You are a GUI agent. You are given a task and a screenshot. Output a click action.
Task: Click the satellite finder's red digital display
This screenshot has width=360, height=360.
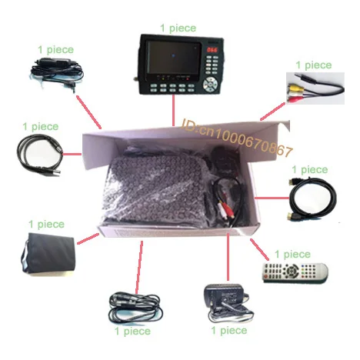(x=212, y=50)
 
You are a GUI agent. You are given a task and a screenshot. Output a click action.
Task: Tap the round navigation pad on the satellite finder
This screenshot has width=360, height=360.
(x=210, y=84)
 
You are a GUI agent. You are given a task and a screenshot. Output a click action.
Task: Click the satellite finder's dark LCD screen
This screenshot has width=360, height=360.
(x=173, y=58)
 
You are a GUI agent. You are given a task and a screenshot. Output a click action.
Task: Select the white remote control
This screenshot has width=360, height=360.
(x=295, y=272)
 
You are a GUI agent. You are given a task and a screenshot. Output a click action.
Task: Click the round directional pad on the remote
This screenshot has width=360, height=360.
(x=292, y=271)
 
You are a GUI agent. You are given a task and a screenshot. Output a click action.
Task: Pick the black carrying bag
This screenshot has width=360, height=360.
(x=48, y=253)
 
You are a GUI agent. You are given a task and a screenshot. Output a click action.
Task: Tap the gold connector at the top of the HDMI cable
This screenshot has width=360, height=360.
(x=292, y=182)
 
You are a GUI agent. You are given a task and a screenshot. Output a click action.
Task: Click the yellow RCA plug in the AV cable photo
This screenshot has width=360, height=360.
(x=293, y=88)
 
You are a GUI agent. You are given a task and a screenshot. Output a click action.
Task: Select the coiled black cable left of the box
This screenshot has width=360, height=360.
(x=39, y=155)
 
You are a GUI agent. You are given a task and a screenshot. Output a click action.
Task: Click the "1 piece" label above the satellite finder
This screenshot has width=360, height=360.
(x=178, y=28)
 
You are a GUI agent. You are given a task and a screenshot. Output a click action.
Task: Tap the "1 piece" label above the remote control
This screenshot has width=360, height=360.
(x=292, y=255)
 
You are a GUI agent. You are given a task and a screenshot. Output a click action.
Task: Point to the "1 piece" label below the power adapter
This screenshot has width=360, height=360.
(x=229, y=331)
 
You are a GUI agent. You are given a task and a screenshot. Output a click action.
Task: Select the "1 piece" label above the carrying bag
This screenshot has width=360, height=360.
(x=46, y=225)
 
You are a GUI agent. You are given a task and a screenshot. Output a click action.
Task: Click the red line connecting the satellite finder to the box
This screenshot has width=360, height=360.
(x=174, y=110)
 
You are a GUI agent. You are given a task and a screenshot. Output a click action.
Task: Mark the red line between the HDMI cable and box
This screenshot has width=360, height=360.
(x=272, y=198)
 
